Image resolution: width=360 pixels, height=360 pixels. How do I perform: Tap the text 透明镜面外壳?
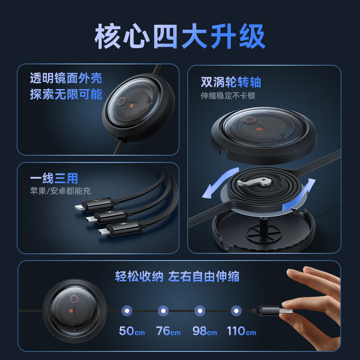[x=66, y=78]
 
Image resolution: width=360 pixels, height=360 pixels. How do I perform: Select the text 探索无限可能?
[x=66, y=94]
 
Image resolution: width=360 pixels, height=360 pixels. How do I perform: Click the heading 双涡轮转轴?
[x=231, y=82]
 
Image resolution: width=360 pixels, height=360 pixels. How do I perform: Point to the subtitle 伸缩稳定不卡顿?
[x=228, y=96]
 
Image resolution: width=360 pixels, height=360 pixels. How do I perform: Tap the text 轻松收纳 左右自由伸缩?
[x=177, y=276]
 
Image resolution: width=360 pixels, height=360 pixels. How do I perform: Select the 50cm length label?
[x=131, y=331]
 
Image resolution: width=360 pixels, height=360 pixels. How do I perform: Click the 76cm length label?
[x=168, y=331]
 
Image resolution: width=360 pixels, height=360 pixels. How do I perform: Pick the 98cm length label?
[x=204, y=331]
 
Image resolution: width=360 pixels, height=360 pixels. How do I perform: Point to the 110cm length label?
[x=241, y=331]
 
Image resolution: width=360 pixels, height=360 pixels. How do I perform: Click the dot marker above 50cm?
[x=127, y=310]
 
